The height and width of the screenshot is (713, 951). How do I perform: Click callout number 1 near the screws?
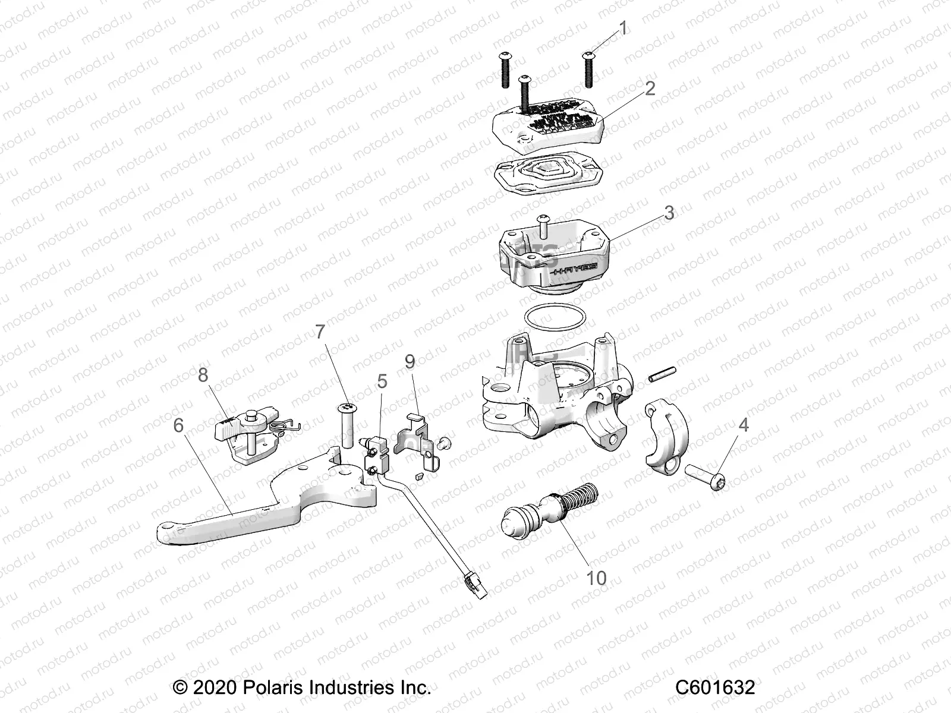click(623, 27)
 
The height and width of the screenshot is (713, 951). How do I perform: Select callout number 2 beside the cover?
click(650, 88)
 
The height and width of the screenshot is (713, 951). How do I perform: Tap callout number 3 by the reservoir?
click(669, 212)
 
